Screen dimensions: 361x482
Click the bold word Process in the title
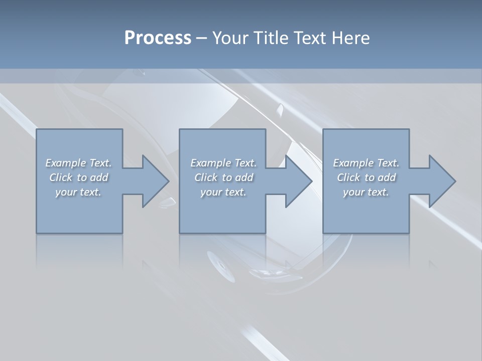click(x=158, y=38)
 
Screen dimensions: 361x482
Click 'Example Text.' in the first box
click(x=78, y=163)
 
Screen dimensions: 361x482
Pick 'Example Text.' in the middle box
click(x=223, y=163)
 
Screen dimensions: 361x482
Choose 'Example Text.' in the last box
click(x=366, y=163)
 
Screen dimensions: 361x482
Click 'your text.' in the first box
click(x=78, y=192)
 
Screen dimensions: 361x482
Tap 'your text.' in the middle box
click(x=223, y=192)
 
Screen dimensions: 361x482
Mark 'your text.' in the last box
click(x=366, y=192)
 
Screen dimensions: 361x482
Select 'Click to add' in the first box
click(x=78, y=177)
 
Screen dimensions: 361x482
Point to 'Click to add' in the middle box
click(x=223, y=177)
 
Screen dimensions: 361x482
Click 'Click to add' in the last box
click(x=366, y=177)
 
